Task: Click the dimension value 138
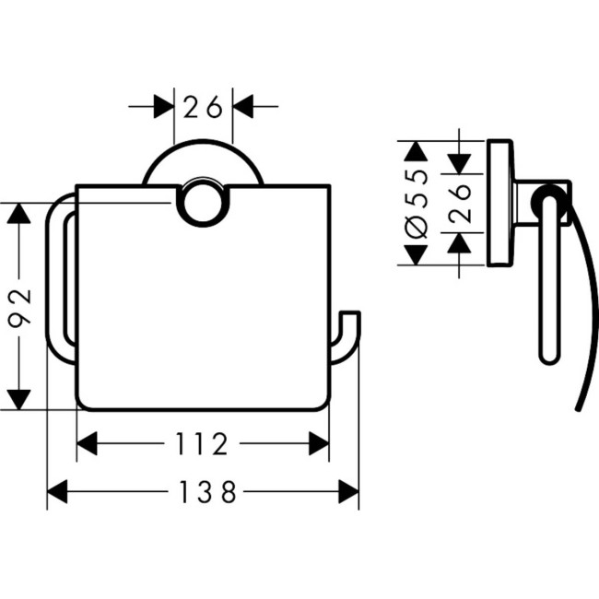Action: [x=203, y=492]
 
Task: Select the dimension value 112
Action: [x=203, y=445]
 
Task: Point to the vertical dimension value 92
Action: [x=20, y=308]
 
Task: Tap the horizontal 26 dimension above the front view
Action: [x=203, y=108]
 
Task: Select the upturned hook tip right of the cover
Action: [x=352, y=323]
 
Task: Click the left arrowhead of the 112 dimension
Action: [x=87, y=445]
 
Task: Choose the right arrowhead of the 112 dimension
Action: [x=319, y=445]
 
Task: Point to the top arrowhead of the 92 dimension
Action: [x=19, y=214]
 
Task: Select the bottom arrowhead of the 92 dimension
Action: [x=19, y=400]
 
